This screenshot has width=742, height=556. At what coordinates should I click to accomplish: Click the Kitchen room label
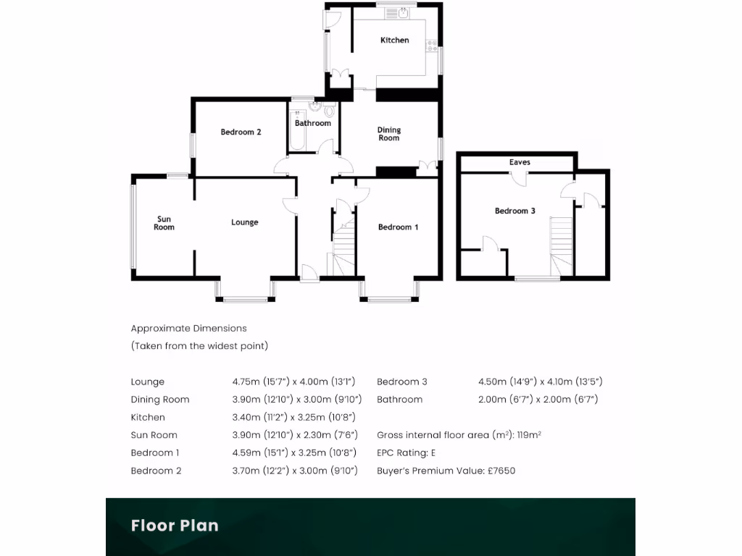tap(395, 41)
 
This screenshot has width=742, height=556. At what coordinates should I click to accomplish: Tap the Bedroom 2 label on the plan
tap(241, 132)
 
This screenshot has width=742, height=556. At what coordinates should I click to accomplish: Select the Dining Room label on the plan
tap(389, 134)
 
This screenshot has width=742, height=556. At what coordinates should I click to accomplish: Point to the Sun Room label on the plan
tap(164, 223)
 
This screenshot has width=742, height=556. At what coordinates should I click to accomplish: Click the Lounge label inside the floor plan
tap(245, 222)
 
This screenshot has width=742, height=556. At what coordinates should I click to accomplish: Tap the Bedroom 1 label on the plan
tap(399, 227)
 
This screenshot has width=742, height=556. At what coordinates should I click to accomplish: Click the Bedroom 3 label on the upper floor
tap(515, 211)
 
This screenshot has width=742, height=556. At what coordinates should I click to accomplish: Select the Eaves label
tap(520, 162)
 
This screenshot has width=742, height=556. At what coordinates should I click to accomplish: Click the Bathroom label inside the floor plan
tap(313, 123)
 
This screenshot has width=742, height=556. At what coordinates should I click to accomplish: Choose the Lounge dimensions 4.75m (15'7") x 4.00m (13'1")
tap(293, 382)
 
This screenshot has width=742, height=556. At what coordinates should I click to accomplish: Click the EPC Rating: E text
tap(407, 452)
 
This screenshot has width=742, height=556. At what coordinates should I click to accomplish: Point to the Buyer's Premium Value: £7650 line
tap(446, 471)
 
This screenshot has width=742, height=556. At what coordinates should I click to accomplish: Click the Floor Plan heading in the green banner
tap(175, 525)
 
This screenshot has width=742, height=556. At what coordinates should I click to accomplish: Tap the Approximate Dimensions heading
tap(189, 328)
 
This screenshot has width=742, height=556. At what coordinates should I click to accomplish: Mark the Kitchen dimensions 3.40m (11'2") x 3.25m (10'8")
tap(293, 417)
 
